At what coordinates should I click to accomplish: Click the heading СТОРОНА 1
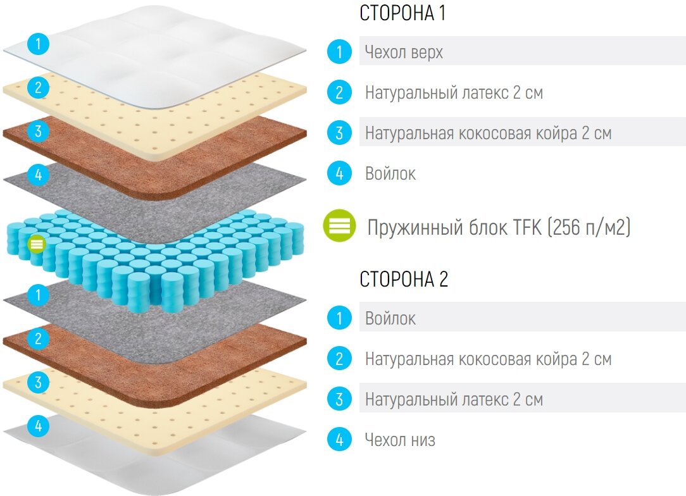click(x=402, y=13)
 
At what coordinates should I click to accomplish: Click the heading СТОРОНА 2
click(x=404, y=279)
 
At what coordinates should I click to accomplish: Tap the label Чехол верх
click(x=404, y=53)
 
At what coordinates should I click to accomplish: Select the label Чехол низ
click(x=400, y=440)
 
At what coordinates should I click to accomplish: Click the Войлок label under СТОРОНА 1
click(x=390, y=174)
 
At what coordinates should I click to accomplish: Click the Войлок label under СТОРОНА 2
click(x=390, y=318)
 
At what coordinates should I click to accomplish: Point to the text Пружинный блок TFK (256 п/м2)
click(x=499, y=227)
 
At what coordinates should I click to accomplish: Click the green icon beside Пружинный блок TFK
click(x=340, y=226)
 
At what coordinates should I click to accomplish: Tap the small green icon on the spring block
click(x=37, y=243)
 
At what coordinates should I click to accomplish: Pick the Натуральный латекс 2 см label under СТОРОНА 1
click(x=454, y=93)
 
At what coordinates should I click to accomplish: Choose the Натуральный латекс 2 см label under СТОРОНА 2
click(x=454, y=400)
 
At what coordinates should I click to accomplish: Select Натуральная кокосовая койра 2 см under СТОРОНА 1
click(x=488, y=133)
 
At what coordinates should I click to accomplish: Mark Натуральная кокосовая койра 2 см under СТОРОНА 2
click(x=488, y=359)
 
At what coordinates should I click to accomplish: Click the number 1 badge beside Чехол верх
click(x=339, y=52)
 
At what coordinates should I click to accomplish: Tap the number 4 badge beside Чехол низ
click(x=339, y=439)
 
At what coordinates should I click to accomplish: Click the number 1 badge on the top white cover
click(x=38, y=44)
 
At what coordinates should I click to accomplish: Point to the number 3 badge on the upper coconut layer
click(x=38, y=131)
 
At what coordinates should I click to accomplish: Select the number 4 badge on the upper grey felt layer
click(x=38, y=174)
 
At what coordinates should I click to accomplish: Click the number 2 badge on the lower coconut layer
click(x=38, y=338)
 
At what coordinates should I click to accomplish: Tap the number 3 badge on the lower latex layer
click(x=38, y=382)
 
